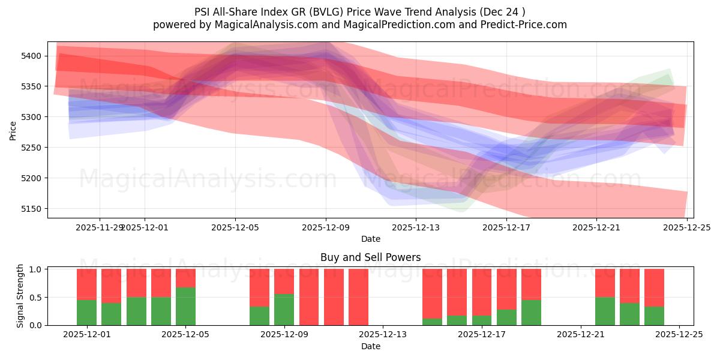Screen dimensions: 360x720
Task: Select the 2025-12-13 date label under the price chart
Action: [416, 227]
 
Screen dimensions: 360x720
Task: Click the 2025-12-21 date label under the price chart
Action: [596, 227]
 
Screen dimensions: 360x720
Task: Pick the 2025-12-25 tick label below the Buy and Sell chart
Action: [679, 335]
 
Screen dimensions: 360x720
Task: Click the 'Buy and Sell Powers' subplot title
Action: [370, 257]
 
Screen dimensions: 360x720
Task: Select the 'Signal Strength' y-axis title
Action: [20, 296]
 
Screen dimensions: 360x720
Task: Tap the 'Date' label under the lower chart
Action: [370, 346]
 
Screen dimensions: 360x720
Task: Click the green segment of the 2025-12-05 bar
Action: [185, 306]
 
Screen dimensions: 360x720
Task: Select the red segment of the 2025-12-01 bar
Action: [87, 284]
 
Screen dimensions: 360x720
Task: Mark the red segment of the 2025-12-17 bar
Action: [482, 292]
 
